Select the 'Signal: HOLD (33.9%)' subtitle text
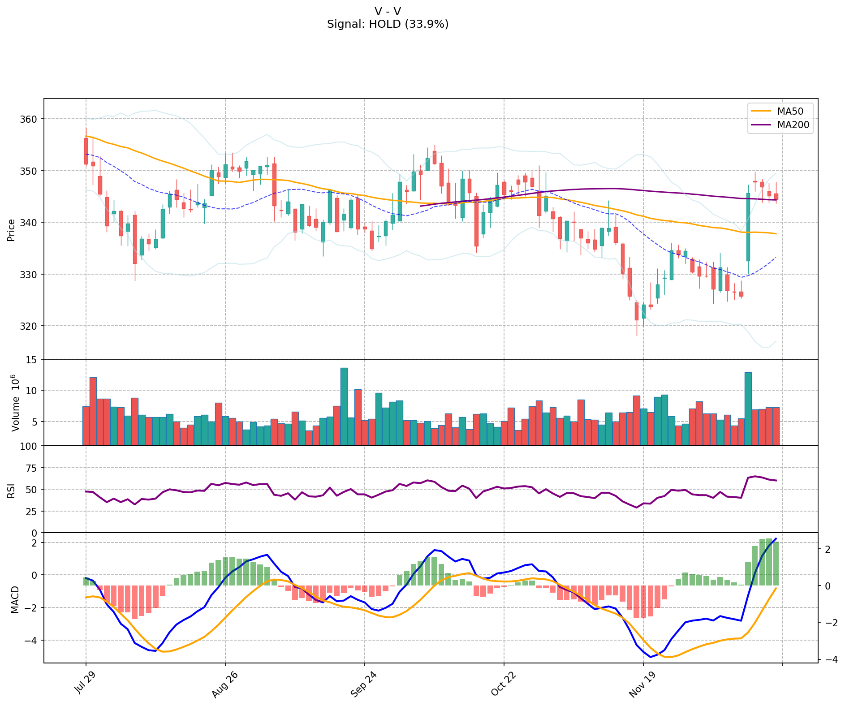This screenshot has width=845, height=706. pyautogui.click(x=388, y=24)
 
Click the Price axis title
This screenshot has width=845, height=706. pyautogui.click(x=12, y=230)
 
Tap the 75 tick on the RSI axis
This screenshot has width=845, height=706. pyautogui.click(x=32, y=468)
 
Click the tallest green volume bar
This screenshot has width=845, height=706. pyautogui.click(x=344, y=407)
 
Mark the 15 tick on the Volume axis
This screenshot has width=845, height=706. pyautogui.click(x=33, y=360)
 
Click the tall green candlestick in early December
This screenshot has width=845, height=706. pyautogui.click(x=748, y=227)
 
